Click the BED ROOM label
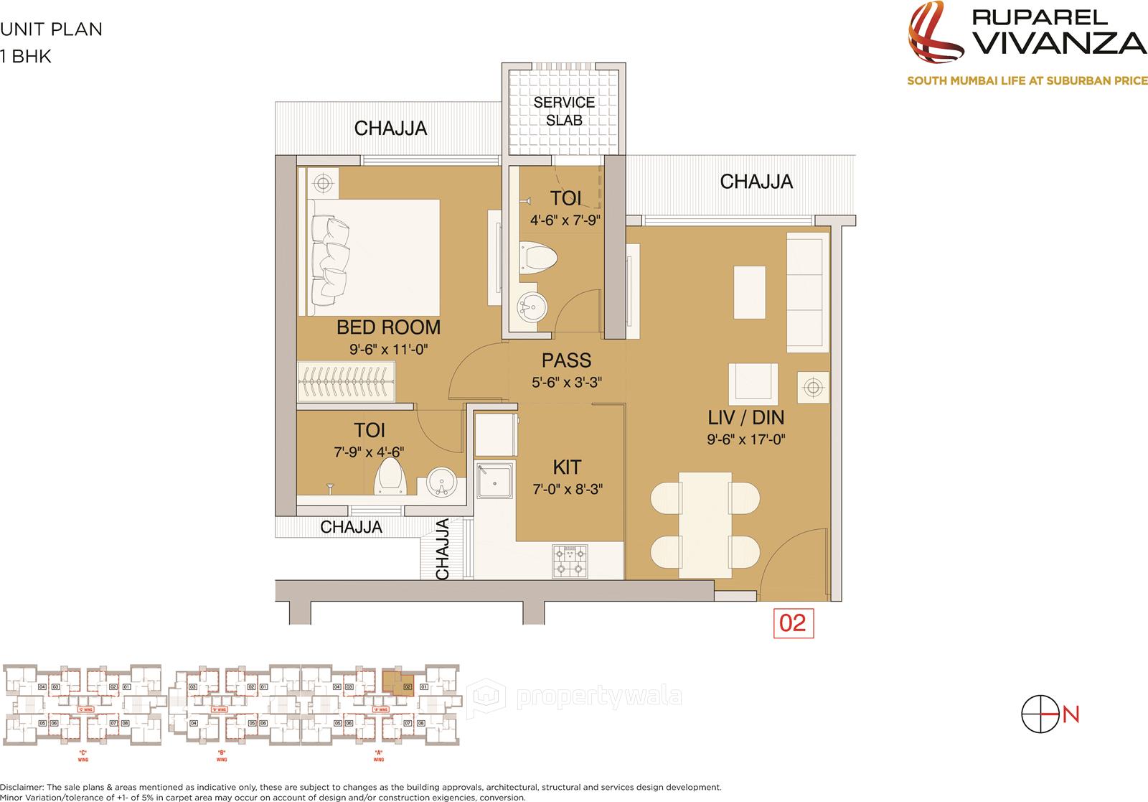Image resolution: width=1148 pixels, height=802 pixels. pos(388,327)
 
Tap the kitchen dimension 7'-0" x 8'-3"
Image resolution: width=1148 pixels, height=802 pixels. pos(567,490)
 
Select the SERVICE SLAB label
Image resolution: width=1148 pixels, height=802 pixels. pos(564,111)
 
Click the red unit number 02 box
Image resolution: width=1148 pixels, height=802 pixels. pos(793,623)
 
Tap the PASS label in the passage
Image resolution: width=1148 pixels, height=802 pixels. pos(566,360)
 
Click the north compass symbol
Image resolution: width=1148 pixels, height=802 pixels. pos(1040,714)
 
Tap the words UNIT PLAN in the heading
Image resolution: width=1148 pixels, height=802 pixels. pos(52,29)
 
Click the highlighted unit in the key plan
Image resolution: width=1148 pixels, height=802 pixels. pos(397,679)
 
